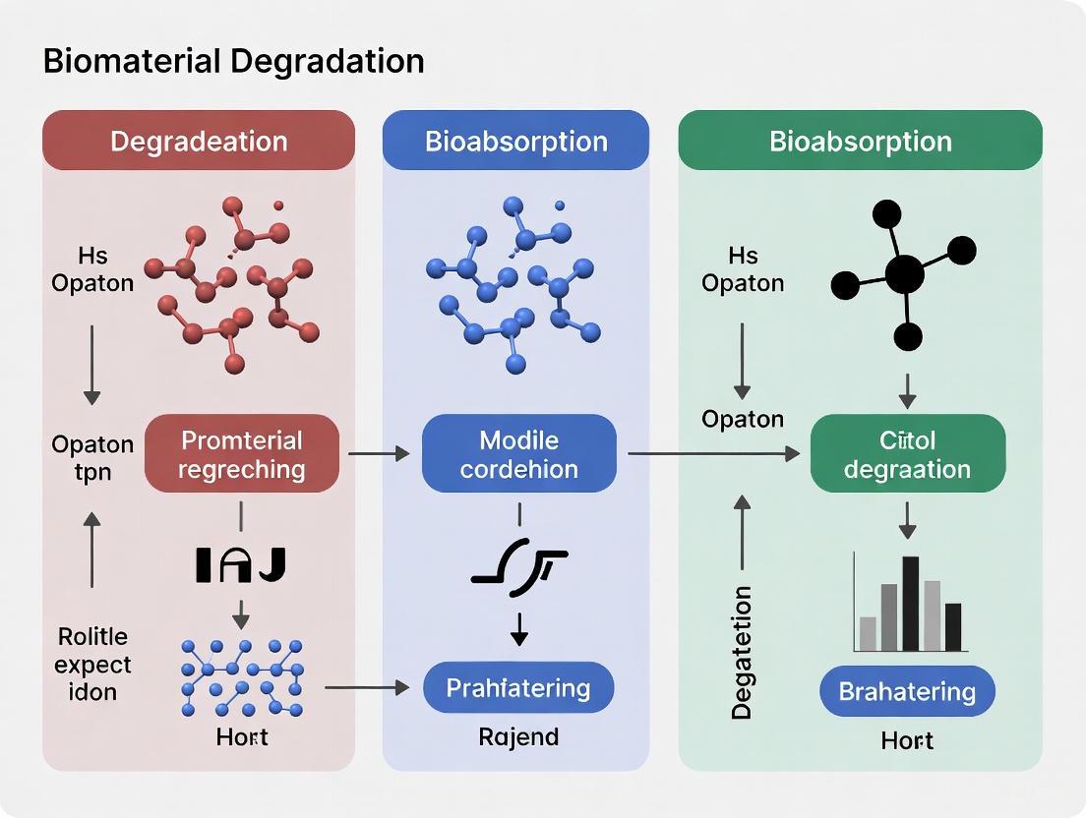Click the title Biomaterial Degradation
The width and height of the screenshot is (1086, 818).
(234, 61)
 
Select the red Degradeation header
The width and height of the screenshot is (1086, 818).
(199, 141)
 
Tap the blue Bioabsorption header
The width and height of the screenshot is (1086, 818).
(515, 141)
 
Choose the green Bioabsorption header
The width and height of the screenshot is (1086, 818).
(860, 141)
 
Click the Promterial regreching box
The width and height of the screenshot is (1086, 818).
(242, 453)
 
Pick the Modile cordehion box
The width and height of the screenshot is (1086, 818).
(518, 453)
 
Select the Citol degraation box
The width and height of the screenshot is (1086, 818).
(907, 453)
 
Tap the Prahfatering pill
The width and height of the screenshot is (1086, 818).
(518, 687)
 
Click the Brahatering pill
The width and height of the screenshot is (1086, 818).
(907, 690)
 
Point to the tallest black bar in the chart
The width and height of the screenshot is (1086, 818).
(911, 603)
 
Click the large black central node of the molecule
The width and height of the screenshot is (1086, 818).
(905, 274)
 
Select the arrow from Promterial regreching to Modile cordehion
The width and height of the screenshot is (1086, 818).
(379, 453)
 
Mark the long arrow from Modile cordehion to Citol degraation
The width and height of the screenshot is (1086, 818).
(713, 453)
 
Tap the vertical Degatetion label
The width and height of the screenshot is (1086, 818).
(743, 653)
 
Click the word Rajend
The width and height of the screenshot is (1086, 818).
(518, 735)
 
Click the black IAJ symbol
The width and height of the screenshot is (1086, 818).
(241, 563)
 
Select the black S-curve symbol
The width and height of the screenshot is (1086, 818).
(518, 567)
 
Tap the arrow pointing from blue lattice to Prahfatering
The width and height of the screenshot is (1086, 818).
(366, 687)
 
